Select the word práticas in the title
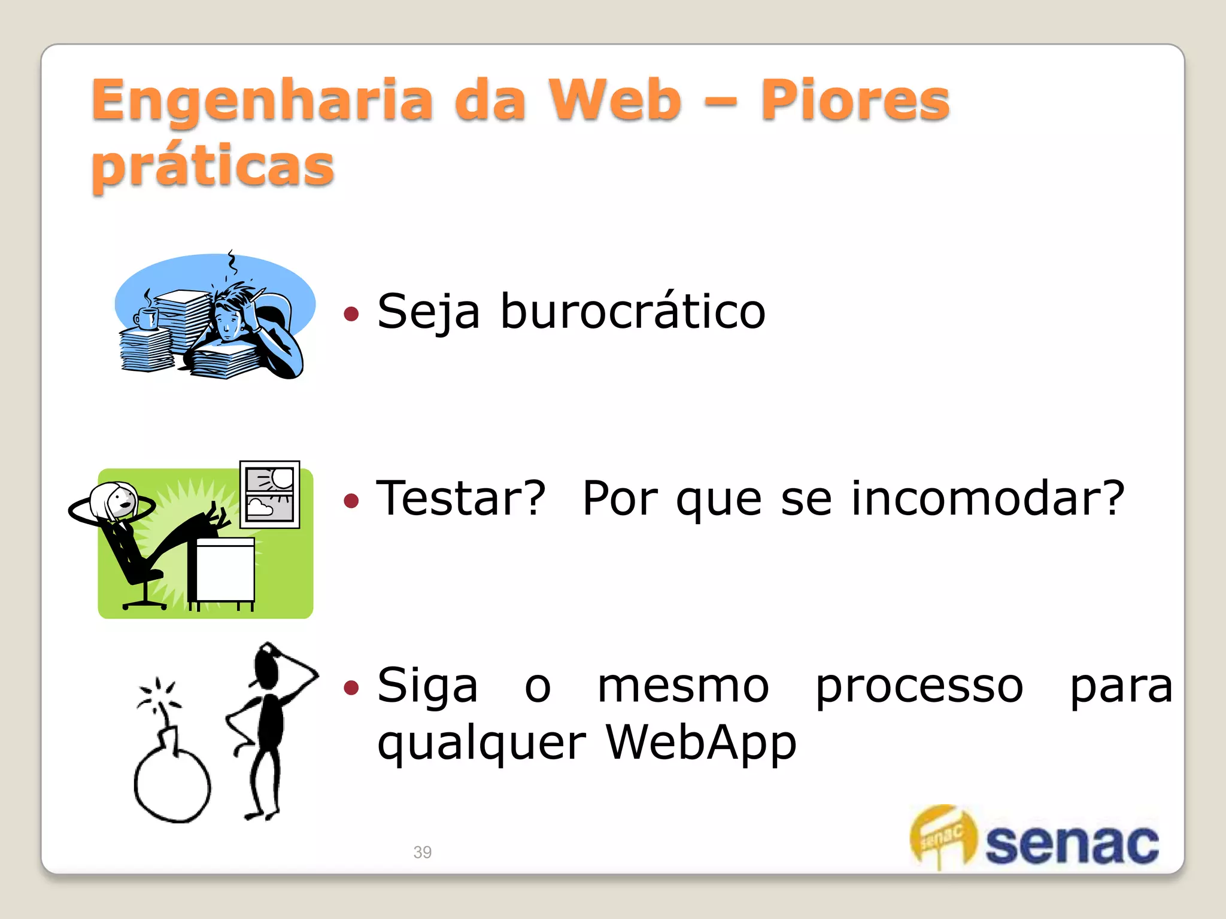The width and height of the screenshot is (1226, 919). point(213,166)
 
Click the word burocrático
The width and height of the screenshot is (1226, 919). point(633,312)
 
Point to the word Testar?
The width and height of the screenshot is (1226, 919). point(460,498)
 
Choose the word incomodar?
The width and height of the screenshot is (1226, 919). point(987,498)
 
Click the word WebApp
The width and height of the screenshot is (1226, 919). point(700,742)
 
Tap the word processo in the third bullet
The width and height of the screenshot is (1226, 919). point(919,686)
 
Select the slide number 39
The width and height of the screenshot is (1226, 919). point(422,852)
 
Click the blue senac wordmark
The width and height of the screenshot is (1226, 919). point(1072,844)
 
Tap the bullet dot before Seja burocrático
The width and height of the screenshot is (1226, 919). point(351,314)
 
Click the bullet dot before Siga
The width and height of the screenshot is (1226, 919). point(351,687)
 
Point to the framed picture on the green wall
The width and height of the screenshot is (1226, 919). point(269,494)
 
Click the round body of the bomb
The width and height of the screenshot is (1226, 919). point(172,784)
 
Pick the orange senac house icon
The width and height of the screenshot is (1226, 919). point(942,835)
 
